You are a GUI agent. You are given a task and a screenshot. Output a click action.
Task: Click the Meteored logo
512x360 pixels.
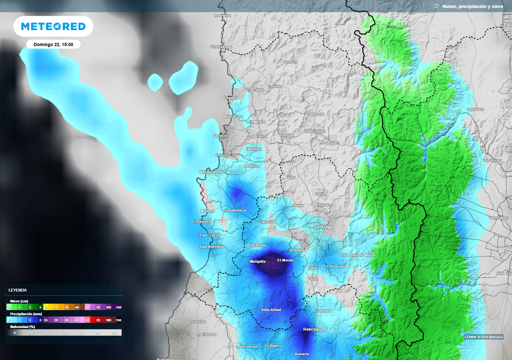53,26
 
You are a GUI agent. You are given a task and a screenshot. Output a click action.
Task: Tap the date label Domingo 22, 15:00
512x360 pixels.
53,44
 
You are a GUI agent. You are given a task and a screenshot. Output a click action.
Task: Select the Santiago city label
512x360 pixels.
323,226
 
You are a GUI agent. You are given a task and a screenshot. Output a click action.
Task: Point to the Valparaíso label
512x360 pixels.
210,171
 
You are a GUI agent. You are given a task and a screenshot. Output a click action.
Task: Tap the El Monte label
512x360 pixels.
285,260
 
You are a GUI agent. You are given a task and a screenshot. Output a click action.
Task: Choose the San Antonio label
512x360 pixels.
211,246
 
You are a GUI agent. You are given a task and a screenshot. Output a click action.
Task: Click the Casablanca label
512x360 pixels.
235,210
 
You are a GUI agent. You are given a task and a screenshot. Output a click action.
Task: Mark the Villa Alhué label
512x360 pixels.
271,310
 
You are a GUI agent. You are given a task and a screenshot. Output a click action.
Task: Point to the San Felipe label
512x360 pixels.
315,131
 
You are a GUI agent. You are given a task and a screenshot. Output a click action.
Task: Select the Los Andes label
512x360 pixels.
329,142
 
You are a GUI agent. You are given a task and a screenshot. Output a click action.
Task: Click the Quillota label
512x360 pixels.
254,148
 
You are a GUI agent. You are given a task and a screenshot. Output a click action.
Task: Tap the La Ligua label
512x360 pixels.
256,89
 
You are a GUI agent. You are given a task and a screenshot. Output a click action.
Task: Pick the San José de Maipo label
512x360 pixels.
358,255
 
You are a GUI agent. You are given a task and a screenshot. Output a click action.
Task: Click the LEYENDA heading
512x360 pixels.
18,290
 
